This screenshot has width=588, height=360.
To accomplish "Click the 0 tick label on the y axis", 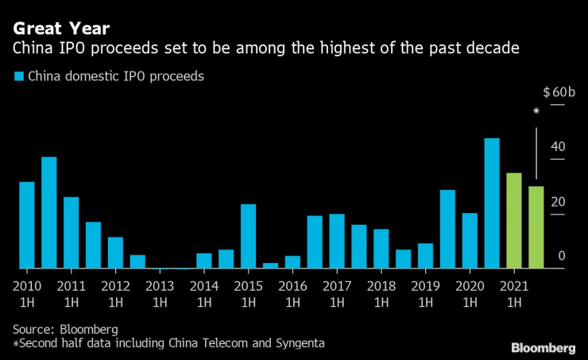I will (x=561, y=255).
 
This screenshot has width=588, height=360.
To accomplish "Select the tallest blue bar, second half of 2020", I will (x=492, y=203).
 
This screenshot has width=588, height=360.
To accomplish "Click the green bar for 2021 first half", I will (x=514, y=221).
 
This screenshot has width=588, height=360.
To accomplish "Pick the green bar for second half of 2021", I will (x=536, y=227).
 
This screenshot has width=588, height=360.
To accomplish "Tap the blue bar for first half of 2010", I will (x=27, y=225).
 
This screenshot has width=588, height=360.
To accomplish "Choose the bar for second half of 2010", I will (x=49, y=212).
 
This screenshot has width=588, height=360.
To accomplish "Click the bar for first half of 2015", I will (x=248, y=236).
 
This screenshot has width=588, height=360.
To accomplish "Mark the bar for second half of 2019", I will (x=447, y=229).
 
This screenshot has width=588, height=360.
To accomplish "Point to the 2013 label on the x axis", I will (x=160, y=286).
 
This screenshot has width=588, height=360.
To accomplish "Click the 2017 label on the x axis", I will (x=337, y=286).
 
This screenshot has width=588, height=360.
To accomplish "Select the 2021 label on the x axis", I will (x=514, y=286).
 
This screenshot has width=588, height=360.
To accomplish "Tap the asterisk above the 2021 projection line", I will (x=536, y=112).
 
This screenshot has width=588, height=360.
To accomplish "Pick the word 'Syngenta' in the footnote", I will (x=297, y=343).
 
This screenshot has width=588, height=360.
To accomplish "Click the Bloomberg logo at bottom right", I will (x=544, y=347).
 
